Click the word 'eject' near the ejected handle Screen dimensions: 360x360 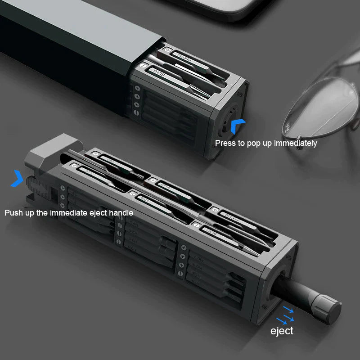[282, 331]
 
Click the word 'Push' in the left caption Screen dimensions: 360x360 [14, 212]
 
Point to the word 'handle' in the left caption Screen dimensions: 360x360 [121, 212]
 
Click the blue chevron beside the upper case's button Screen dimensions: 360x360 [238, 126]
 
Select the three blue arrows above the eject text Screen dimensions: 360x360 [285, 315]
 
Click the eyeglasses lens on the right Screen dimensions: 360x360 [321, 106]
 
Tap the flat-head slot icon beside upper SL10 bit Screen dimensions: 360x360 [144, 66]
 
